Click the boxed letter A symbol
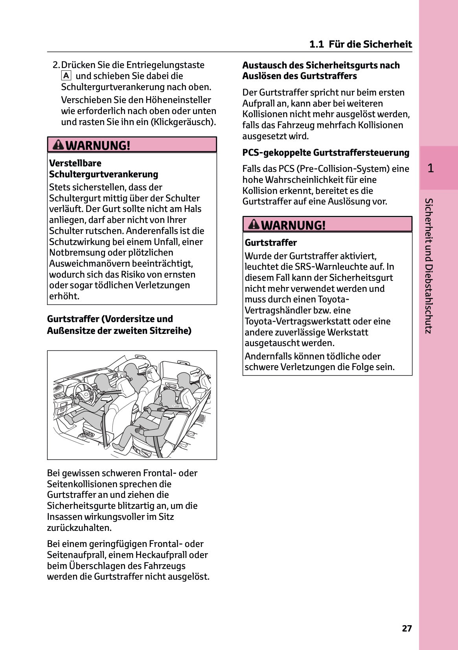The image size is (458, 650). [66, 75]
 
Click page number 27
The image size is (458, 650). [407, 628]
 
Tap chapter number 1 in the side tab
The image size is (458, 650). [430, 168]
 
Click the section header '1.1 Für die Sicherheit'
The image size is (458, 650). [361, 44]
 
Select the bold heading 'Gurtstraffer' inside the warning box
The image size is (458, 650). [270, 243]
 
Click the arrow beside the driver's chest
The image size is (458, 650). [107, 399]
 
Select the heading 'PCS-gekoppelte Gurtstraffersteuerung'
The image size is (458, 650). [326, 153]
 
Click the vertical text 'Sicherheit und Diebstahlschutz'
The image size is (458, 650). [429, 266]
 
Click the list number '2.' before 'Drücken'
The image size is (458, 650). [56, 65]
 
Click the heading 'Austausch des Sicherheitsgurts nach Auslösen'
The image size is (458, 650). [321, 70]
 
